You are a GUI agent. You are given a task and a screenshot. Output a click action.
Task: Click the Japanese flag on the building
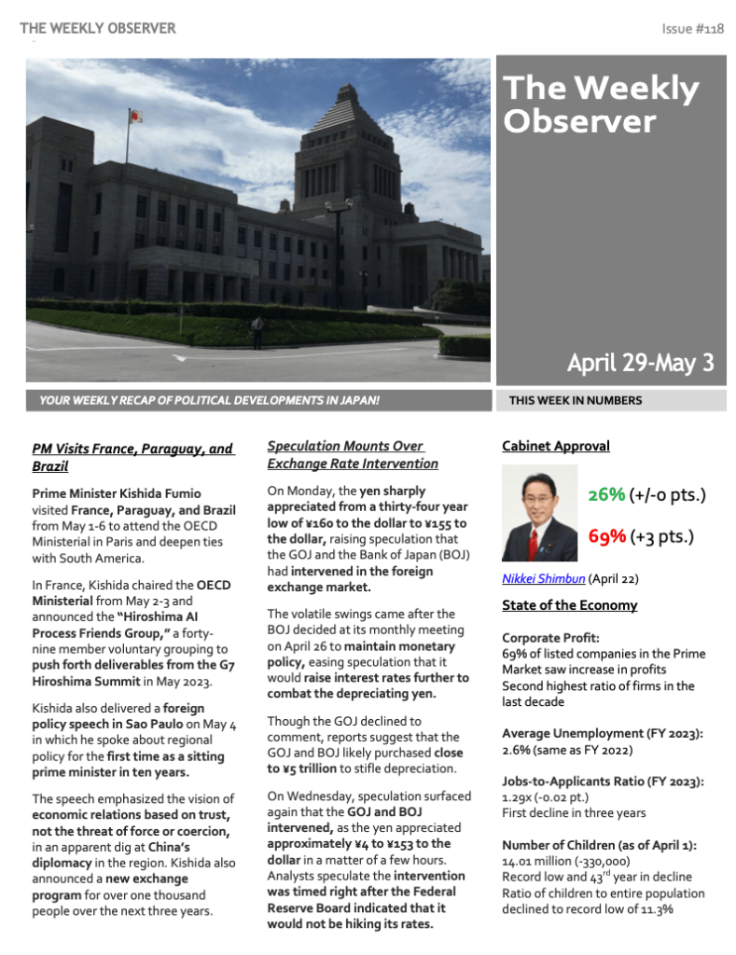tap(136, 117)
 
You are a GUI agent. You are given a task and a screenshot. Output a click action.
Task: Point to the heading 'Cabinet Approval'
tap(555, 446)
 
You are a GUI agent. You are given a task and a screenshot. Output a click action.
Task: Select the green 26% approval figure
tap(606, 494)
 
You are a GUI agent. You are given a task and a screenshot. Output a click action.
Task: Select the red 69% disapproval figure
tap(606, 536)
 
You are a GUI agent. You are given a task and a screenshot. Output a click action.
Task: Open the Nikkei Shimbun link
tap(544, 578)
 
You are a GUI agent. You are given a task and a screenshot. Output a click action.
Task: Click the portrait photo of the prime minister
tap(539, 513)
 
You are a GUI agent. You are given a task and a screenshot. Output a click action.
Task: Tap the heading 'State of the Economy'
tap(569, 605)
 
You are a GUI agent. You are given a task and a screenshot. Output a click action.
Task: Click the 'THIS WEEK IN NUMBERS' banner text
tap(576, 401)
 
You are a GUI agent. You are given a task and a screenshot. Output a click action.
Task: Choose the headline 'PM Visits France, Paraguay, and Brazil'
tap(132, 457)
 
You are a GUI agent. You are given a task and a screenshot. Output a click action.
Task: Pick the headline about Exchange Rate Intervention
tap(352, 455)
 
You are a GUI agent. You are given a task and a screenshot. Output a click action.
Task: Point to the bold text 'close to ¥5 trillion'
tap(365, 760)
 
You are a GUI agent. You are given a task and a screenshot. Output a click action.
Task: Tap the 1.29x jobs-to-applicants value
tap(519, 797)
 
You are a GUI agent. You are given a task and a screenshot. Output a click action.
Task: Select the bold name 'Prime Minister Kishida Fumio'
tap(116, 493)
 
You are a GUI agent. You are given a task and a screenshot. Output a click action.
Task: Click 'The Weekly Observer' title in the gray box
tap(601, 104)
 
